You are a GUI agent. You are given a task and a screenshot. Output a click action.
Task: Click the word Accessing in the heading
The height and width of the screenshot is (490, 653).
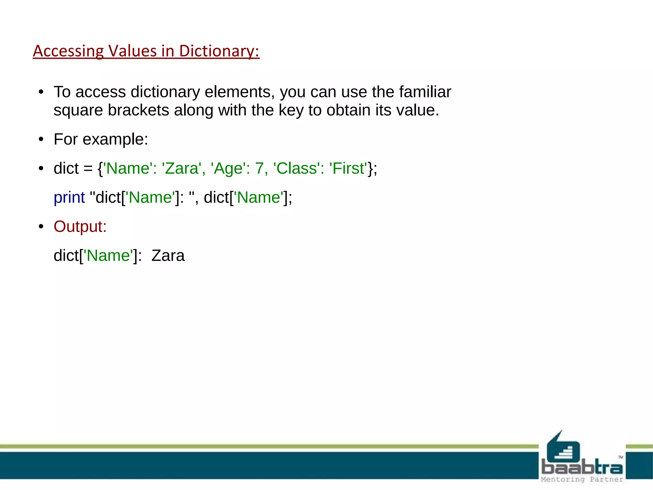(x=68, y=51)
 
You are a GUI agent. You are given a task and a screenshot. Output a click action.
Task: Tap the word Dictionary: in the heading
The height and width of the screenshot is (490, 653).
(x=219, y=51)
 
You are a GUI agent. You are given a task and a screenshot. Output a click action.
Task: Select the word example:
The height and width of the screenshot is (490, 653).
(x=115, y=139)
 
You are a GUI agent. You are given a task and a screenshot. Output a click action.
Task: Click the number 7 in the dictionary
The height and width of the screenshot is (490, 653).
(x=259, y=168)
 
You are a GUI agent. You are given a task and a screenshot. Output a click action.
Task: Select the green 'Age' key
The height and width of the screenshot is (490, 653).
(x=228, y=168)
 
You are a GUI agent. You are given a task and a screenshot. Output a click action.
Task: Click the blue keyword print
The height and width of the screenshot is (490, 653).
(x=69, y=197)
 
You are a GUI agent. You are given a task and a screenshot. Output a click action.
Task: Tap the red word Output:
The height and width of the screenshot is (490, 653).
(x=80, y=226)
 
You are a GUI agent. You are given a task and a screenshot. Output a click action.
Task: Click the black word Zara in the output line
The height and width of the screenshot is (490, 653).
(x=168, y=256)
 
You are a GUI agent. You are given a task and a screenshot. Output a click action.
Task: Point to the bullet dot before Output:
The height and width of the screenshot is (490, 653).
(x=40, y=226)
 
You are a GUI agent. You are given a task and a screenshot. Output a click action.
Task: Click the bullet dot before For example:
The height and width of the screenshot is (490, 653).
(x=40, y=139)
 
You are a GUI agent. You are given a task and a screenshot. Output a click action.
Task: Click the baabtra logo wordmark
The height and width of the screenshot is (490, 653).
(x=582, y=468)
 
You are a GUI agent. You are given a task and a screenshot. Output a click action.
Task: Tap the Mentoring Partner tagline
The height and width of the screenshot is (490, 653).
(x=582, y=479)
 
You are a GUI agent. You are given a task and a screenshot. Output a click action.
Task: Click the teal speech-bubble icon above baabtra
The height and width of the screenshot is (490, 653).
(x=563, y=448)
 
